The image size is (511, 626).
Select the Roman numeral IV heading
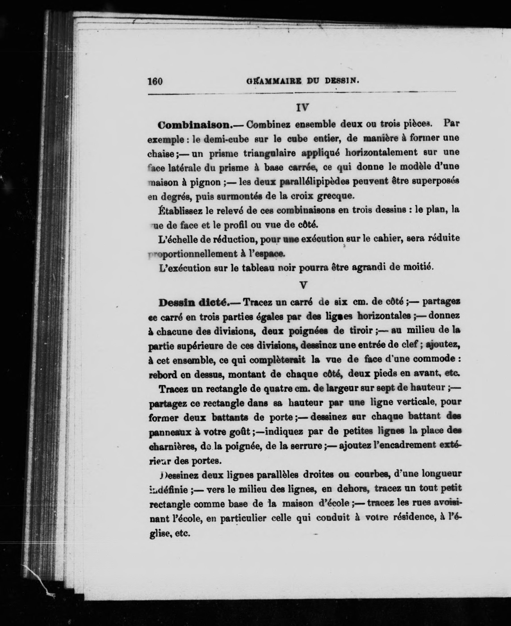(x=303, y=108)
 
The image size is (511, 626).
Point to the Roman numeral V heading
(x=303, y=285)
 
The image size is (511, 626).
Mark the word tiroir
(x=361, y=331)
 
